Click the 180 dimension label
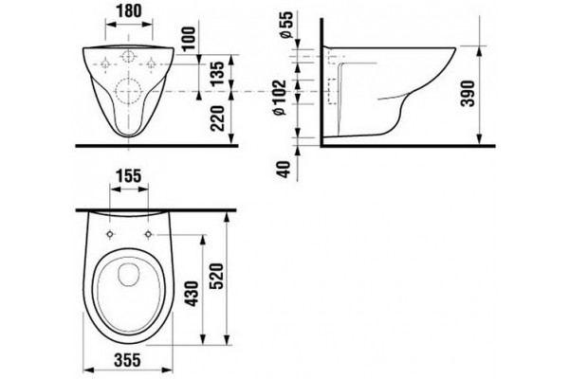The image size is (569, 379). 129,10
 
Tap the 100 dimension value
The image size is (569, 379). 189,39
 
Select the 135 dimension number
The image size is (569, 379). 218,73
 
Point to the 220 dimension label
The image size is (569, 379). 218,118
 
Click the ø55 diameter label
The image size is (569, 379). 285,25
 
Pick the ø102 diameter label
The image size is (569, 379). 280,98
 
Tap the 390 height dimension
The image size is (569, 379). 468,94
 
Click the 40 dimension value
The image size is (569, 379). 284,169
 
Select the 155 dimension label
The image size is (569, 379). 130,176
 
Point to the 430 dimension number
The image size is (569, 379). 193,294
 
